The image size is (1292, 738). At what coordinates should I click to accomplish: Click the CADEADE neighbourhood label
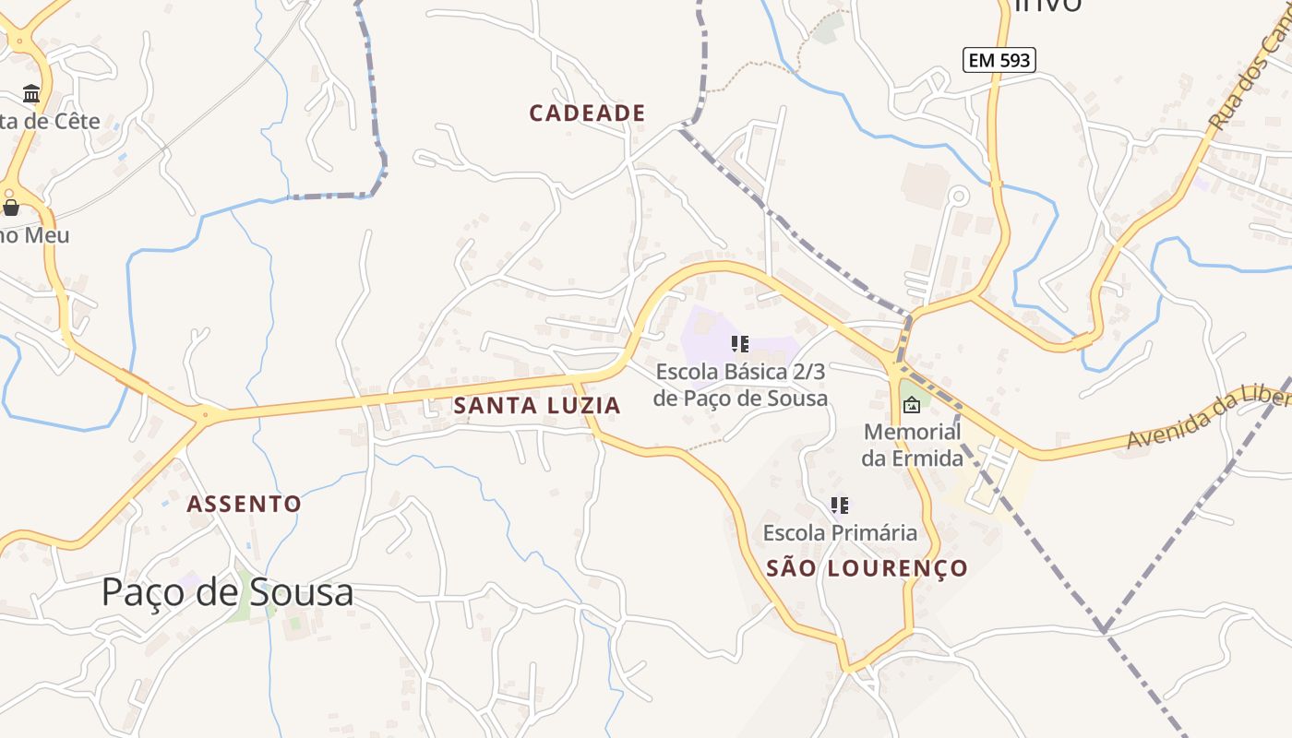pos(587,113)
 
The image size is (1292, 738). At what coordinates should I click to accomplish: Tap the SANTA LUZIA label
pos(536,406)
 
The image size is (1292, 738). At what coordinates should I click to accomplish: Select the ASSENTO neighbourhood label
pos(244,504)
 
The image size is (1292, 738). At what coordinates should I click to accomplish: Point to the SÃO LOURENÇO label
pos(867,568)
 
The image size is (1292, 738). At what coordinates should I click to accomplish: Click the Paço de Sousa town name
pos(227,592)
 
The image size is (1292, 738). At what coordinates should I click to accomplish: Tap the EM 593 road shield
pos(999,61)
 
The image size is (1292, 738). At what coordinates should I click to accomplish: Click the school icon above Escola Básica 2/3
pos(739,344)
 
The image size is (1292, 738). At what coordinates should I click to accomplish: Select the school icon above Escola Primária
pos(839,506)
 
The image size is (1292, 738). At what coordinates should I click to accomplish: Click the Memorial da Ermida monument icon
pos(912,404)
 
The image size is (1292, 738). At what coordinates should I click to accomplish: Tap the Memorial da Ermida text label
pos(912,445)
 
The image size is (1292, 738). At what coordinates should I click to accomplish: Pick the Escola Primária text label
pos(840,533)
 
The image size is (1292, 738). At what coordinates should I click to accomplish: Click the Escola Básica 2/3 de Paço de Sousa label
pos(740,385)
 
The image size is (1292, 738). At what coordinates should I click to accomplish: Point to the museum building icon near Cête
pos(32,93)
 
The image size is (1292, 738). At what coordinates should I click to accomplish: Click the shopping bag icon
pos(11,207)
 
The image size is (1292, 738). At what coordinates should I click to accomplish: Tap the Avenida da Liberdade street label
pos(1209,418)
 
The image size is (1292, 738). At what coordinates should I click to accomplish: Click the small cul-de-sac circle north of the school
pos(958,196)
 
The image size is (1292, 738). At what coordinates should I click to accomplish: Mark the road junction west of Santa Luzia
pos(205,417)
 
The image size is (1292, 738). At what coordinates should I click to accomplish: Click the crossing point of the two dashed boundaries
pos(1103,631)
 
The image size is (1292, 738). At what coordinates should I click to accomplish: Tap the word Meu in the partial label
pos(46,235)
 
